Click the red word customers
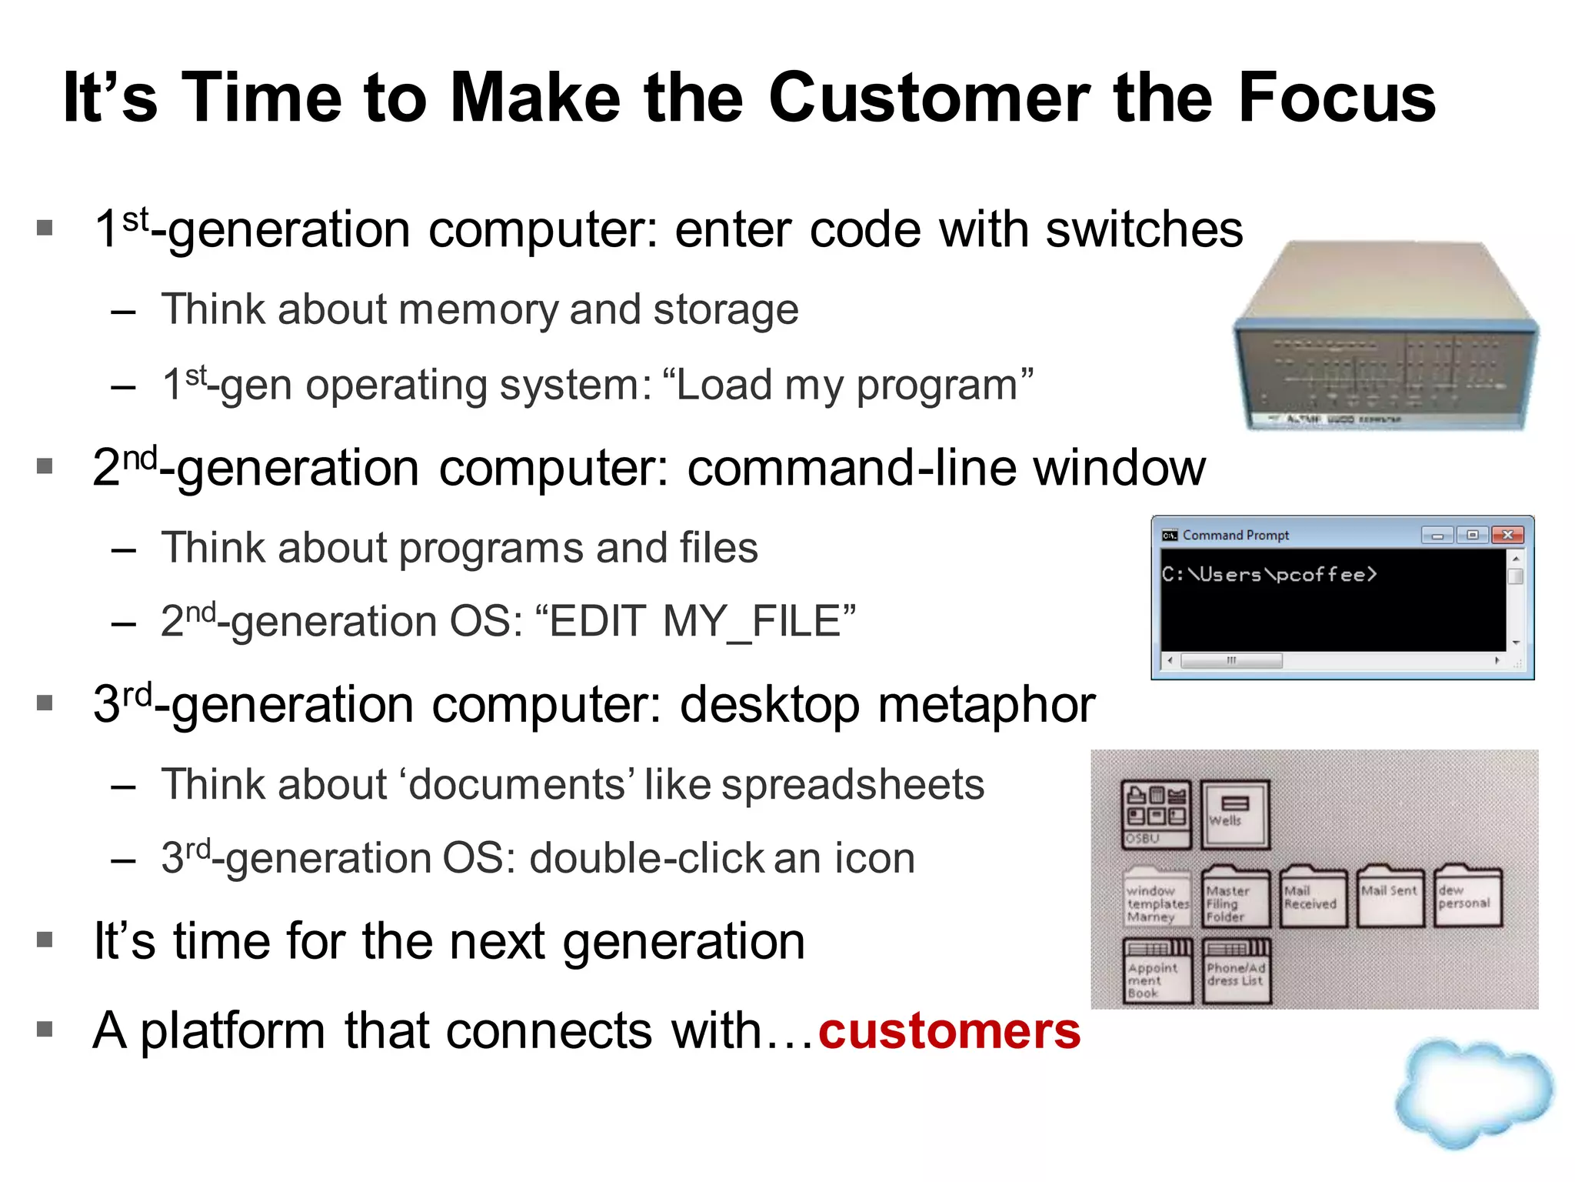click(x=949, y=1031)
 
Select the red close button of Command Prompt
click(x=1507, y=535)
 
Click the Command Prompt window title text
click(x=1235, y=535)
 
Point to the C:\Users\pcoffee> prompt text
click(x=1269, y=575)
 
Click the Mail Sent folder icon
click(x=1390, y=897)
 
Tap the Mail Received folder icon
click(x=1313, y=897)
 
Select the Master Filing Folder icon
click(x=1235, y=897)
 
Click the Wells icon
click(x=1235, y=814)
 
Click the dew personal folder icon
click(x=1467, y=897)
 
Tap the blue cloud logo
click(x=1473, y=1093)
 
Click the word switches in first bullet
click(x=1144, y=230)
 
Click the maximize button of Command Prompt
click(x=1472, y=535)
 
